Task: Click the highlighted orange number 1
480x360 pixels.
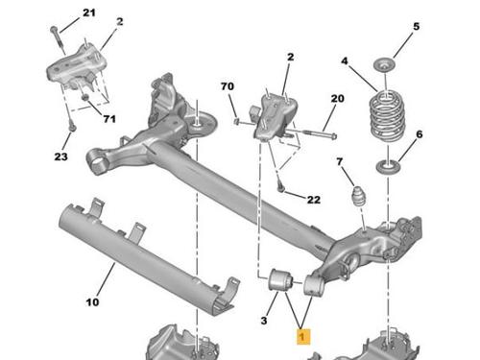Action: (x=302, y=337)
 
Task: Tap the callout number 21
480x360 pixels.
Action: (x=89, y=12)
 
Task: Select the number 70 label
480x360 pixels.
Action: (x=228, y=86)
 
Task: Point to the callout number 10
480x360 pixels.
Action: (x=92, y=302)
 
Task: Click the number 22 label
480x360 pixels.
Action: (x=314, y=200)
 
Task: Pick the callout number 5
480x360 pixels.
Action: (x=416, y=26)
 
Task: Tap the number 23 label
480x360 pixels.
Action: (x=60, y=156)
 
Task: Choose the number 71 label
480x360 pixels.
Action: (x=109, y=119)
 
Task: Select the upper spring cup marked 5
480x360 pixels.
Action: (x=384, y=65)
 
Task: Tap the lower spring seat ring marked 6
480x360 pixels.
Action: (x=388, y=167)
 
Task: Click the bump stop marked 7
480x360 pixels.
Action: (x=359, y=197)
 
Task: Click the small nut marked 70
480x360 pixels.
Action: (x=237, y=121)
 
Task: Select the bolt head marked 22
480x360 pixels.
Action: (x=280, y=189)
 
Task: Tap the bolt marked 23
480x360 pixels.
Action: (x=72, y=128)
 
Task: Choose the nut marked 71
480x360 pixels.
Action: (x=85, y=97)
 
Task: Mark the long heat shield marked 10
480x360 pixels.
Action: (x=148, y=257)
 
